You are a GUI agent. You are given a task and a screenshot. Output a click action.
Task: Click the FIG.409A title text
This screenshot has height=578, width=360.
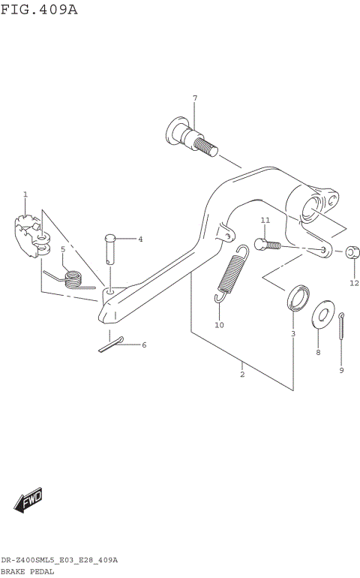point(39,10)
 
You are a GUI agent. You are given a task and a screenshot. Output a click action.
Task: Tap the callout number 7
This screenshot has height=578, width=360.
point(194,98)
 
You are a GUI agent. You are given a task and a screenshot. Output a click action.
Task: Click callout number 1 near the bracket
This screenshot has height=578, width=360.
point(25,194)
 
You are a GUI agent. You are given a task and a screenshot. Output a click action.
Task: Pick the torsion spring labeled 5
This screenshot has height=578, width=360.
point(71,279)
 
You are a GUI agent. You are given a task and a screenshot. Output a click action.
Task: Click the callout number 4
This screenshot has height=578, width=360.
point(139,239)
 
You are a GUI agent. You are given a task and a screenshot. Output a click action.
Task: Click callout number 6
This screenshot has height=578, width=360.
point(144,345)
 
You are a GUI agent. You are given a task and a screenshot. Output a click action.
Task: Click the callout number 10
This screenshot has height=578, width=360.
point(219,325)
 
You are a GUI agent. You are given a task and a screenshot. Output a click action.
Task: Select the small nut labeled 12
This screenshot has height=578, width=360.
point(352,251)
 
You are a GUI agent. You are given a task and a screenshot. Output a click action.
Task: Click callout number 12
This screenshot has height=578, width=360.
point(354,283)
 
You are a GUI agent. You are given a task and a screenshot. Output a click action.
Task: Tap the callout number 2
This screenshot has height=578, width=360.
point(242,374)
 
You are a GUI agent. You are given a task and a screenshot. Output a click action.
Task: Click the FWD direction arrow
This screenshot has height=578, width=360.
point(28,501)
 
